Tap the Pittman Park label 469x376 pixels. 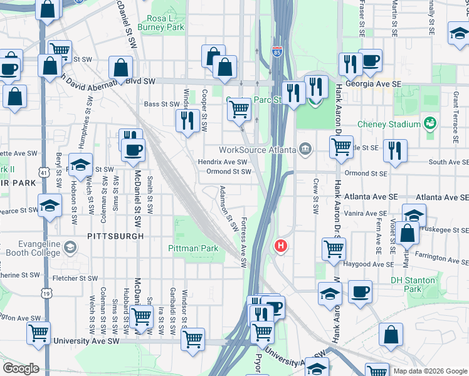pos(194,249)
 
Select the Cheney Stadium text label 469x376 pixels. pos(389,124)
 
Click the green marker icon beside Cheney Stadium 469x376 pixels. pos(430,121)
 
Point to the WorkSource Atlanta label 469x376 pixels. pos(257,150)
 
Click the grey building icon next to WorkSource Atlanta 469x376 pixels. pos(305,149)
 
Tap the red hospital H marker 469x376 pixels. pos(281,246)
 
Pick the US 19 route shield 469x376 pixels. pos(46,292)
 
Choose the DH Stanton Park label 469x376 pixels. pos(413,285)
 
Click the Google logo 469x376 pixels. pos(21,368)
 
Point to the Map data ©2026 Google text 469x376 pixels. pos(429,371)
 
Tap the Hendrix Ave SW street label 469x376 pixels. pos(223,162)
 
